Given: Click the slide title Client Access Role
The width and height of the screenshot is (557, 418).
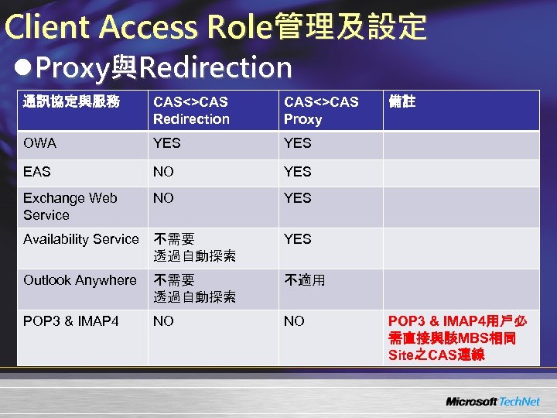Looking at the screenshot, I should coord(215,27).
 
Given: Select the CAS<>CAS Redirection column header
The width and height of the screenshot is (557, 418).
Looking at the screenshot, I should coord(191,110).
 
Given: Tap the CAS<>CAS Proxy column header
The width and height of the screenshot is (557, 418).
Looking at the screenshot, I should coord(320,110).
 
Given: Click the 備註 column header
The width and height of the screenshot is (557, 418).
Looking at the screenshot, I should coord(402,102).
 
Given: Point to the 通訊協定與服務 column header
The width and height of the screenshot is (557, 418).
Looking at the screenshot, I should coord(71,102).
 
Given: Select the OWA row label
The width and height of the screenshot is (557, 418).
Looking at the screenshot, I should coord(39,143).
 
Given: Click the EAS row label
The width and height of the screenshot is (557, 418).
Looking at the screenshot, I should coord(37,172).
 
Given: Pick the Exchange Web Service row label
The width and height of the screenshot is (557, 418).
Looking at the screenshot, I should coord(70,207).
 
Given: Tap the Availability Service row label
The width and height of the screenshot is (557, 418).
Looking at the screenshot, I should coord(80,240).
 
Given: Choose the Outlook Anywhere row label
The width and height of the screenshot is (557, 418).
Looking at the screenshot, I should coord(80,280).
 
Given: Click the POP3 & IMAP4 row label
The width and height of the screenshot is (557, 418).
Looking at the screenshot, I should coord(71,321).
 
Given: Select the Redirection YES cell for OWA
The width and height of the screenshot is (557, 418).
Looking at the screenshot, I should coord(167,143).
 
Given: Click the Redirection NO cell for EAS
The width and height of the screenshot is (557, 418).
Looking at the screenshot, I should coord(163,172).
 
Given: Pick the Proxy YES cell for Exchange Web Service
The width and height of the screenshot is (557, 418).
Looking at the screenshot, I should coord(298,198).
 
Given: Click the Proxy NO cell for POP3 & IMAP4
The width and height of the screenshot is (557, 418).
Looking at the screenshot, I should coord(294,321).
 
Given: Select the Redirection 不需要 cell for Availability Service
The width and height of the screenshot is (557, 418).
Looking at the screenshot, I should coord(194,247).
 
